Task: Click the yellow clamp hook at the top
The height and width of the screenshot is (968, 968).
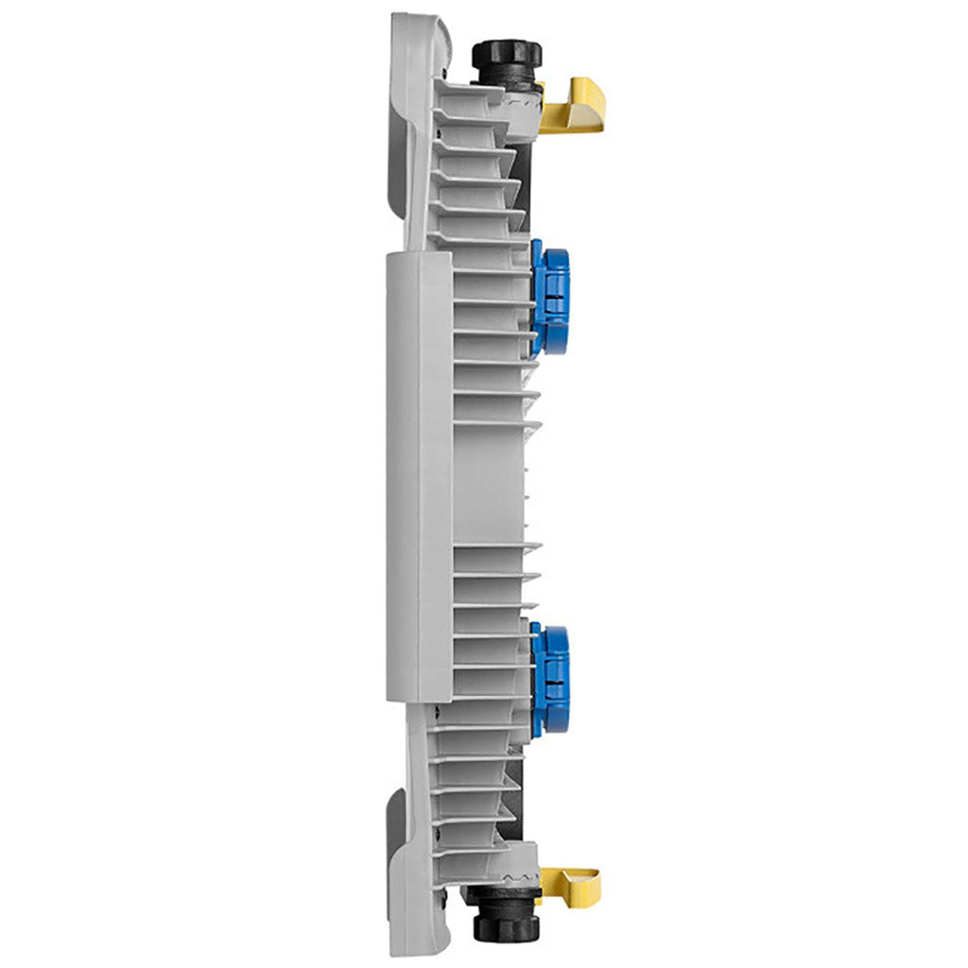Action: click(579, 106)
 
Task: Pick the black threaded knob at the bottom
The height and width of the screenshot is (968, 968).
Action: click(506, 913)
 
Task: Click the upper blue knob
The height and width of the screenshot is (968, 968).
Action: click(551, 296)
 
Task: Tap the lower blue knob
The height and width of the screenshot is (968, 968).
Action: click(551, 680)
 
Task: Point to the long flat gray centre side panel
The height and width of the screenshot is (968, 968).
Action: click(419, 477)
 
